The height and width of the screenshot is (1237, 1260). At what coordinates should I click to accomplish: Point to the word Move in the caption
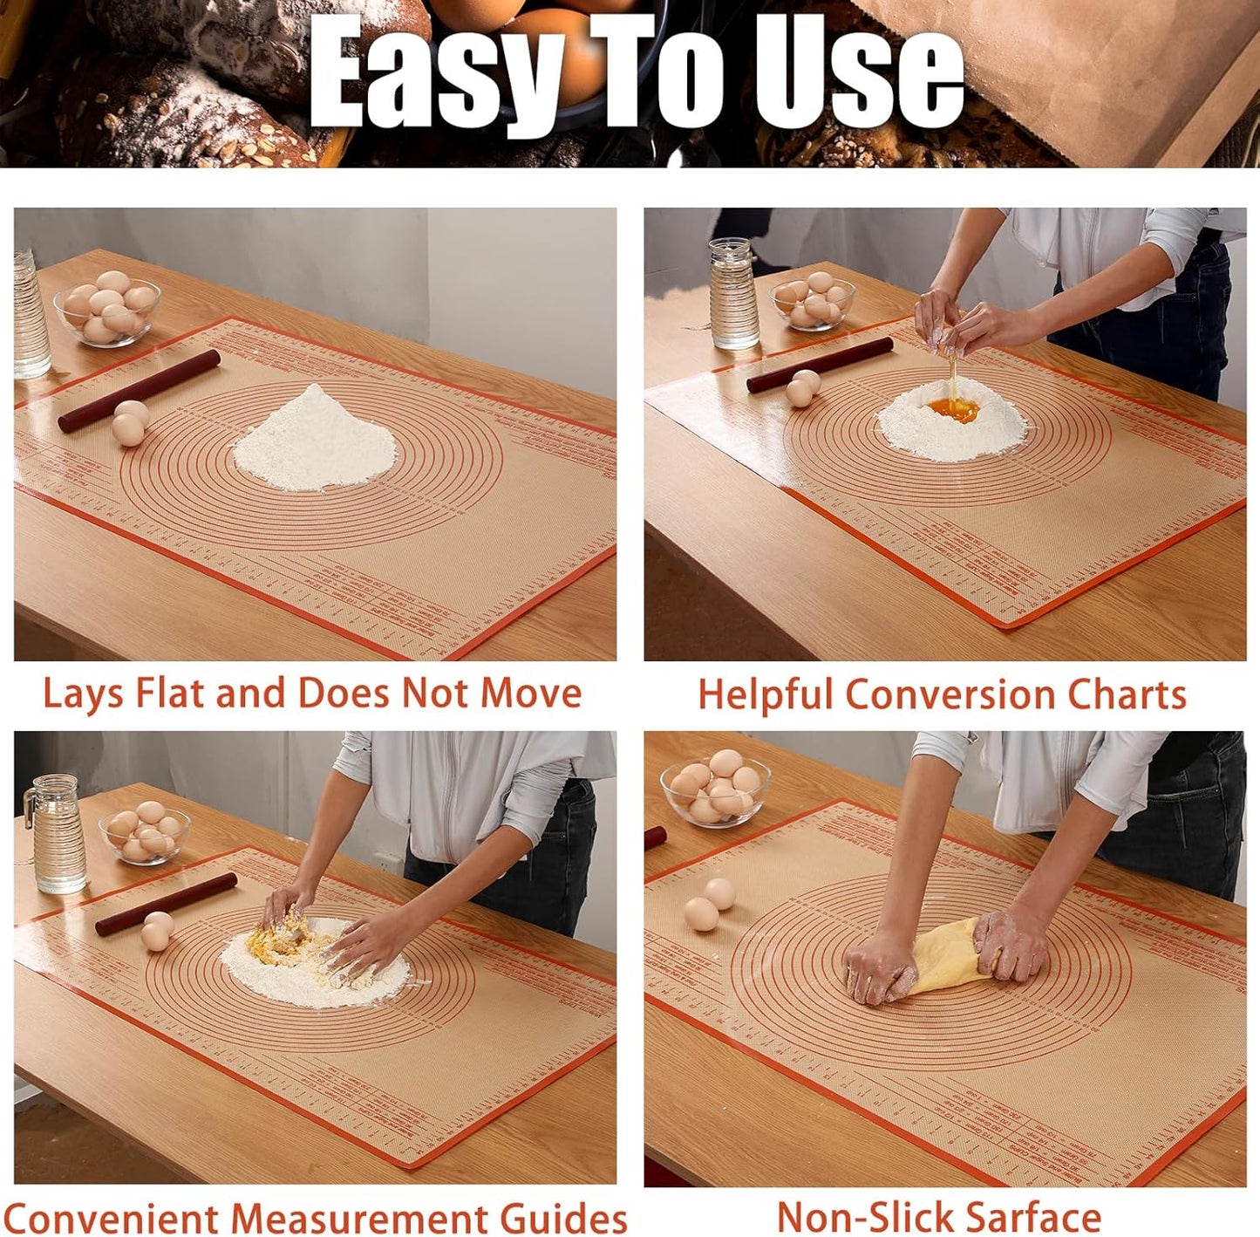(531, 694)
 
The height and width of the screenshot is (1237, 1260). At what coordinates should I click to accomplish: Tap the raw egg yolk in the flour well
(952, 408)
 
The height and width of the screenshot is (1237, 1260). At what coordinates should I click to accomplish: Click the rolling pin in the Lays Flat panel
(140, 390)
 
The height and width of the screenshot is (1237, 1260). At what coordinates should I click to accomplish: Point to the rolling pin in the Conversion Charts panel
(820, 365)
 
